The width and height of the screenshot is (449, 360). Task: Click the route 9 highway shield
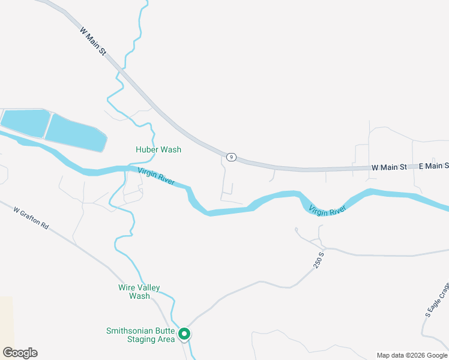coord(231,157)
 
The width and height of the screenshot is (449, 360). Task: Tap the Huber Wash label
coord(158,149)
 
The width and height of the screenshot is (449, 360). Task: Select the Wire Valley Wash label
coord(139,292)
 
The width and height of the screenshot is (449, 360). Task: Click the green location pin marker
coord(185,334)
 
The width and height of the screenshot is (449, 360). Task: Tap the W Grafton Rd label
coord(32,217)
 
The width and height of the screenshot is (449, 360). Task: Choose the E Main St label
coord(433,166)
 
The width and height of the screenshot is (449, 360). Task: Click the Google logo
coord(20,353)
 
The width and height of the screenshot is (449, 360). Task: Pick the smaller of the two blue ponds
coord(24,122)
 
